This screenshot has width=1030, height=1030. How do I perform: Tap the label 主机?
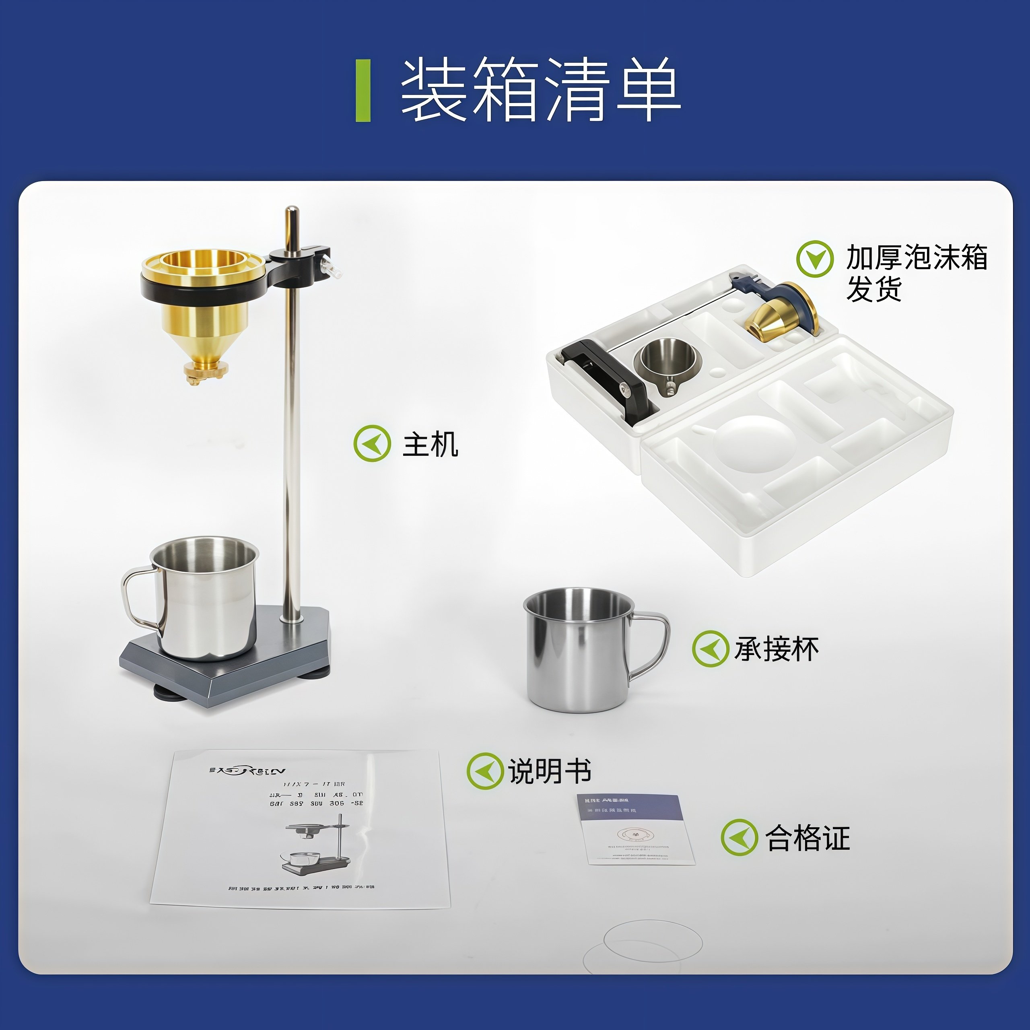[x=430, y=445]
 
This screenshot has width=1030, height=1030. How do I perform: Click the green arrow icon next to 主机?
[x=372, y=443]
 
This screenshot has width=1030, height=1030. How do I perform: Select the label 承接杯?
[x=776, y=649]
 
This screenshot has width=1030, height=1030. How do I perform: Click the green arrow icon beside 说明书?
[x=484, y=771]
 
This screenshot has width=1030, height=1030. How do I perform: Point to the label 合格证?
[x=807, y=838]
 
